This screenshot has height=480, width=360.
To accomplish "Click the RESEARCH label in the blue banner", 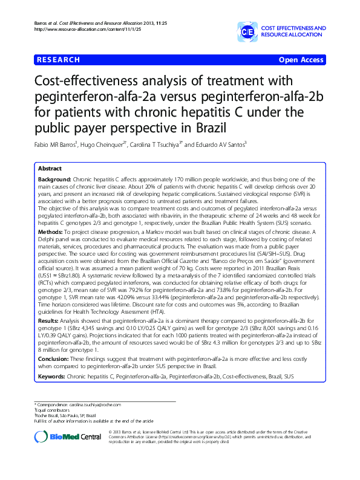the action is [58, 60].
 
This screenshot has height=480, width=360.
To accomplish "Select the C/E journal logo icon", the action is [247, 32].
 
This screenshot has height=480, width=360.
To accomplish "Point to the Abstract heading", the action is [50, 169].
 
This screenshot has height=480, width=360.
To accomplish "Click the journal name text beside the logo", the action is [293, 32].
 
